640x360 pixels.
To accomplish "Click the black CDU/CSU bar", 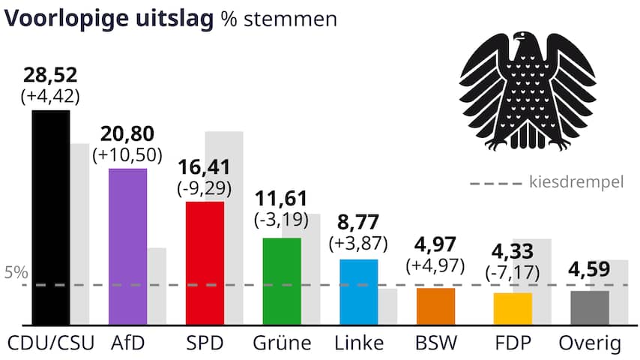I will pos(50,217).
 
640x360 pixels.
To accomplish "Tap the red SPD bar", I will pos(205,262).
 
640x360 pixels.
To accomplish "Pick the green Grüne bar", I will pos(282,281).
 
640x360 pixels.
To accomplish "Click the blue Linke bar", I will pos(359,292).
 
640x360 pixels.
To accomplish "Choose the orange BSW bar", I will pos(435,306).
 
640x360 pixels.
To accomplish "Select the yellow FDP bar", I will pos(513,308).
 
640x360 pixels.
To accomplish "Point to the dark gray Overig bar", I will pos(590,307).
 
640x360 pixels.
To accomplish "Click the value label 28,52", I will pos(50,76).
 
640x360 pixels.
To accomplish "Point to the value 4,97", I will pos(435,245).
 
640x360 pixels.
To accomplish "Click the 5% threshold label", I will pos(15,273).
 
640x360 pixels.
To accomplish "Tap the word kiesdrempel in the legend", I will pos(576,182).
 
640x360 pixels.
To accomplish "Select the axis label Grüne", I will pos(282,343).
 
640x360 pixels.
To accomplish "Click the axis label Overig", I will pos(591,343).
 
